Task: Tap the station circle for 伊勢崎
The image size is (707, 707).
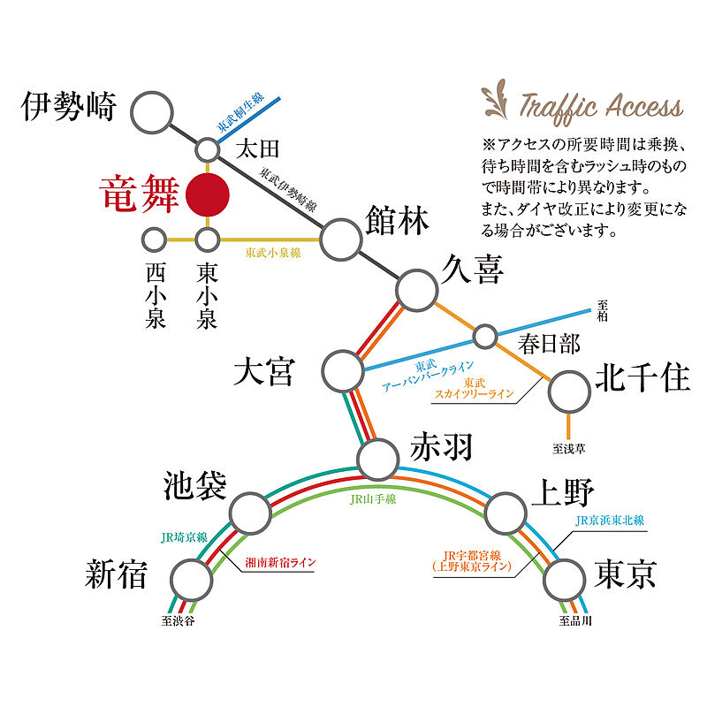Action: [x=155, y=112]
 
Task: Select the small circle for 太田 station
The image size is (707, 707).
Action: [x=208, y=148]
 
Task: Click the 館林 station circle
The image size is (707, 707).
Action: [x=341, y=237]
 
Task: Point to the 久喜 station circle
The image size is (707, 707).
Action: [x=418, y=289]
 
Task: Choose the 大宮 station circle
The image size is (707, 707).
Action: [x=343, y=370]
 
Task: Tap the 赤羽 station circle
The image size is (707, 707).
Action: [x=378, y=457]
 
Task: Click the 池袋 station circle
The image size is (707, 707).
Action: [x=250, y=511]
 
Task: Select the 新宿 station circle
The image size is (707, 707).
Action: [x=192, y=580]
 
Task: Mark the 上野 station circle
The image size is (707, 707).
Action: [x=506, y=511]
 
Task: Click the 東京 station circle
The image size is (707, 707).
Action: [x=566, y=580]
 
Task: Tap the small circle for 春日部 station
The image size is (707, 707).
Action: [x=485, y=337]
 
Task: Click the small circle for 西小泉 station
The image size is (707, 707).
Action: [x=155, y=239]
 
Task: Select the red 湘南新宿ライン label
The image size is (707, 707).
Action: [x=280, y=561]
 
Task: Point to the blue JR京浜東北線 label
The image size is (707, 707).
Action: [x=610, y=521]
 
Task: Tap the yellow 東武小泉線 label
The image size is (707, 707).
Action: [x=273, y=252]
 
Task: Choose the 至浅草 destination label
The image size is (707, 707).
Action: [x=569, y=449]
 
